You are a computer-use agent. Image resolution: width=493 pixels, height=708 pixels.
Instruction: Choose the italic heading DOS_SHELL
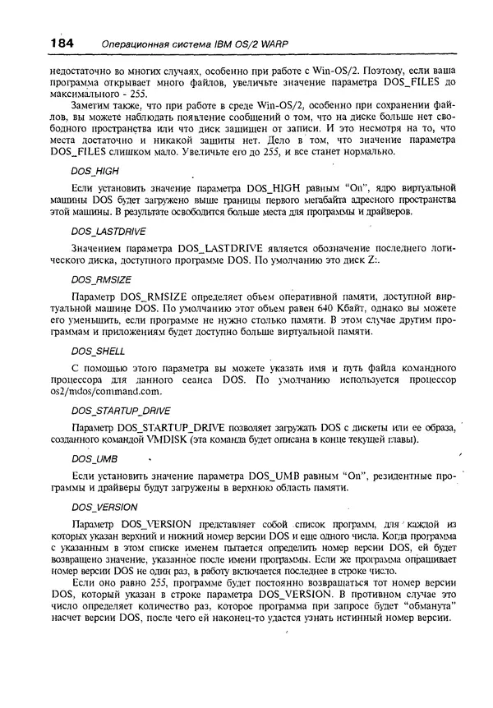(x=98, y=351)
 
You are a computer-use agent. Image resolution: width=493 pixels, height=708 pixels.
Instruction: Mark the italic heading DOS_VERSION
(x=104, y=507)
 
